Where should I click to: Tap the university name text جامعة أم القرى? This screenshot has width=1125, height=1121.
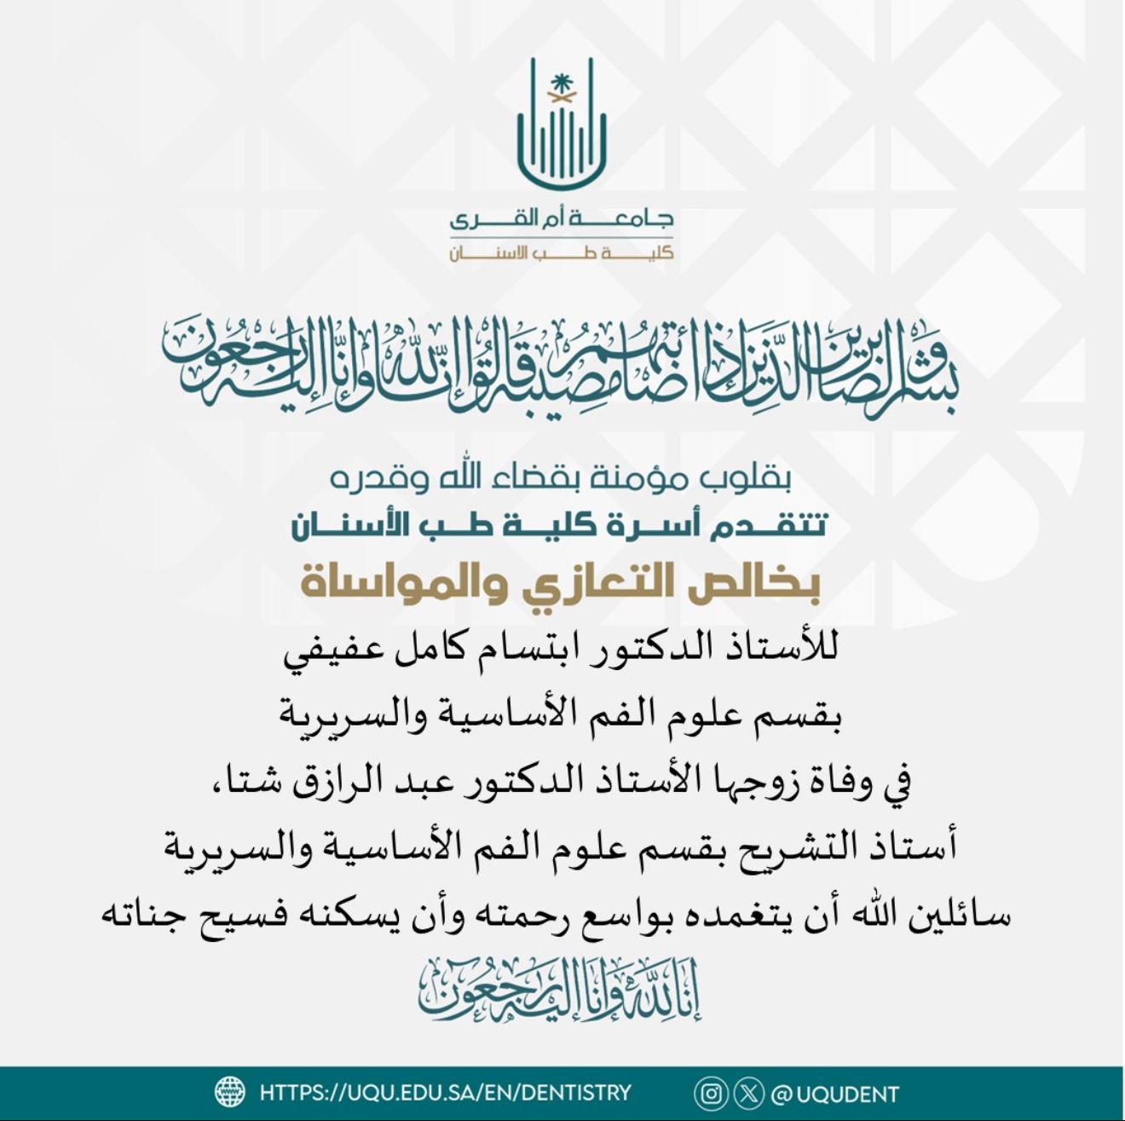pyautogui.click(x=562, y=219)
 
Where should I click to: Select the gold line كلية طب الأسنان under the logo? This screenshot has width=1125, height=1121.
pyautogui.click(x=562, y=253)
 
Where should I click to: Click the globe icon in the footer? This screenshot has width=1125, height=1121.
pyautogui.click(x=230, y=1092)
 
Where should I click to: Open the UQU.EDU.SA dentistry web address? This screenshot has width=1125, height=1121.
pyautogui.click(x=444, y=1092)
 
